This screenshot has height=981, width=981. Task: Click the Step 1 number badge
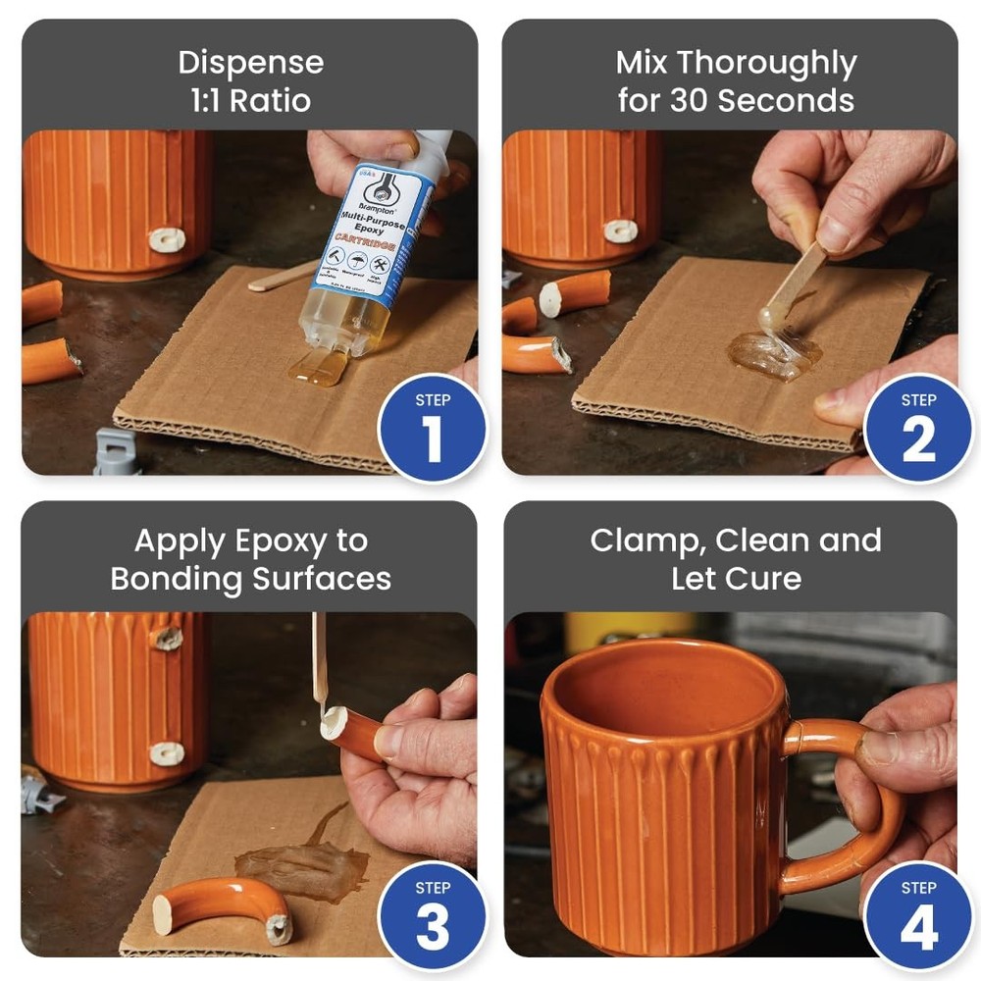(x=432, y=429)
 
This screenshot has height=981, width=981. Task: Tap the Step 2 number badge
(x=918, y=429)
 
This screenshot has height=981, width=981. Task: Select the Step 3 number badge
(x=432, y=916)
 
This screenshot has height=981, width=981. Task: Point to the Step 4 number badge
(x=918, y=916)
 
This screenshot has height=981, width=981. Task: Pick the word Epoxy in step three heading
(x=293, y=542)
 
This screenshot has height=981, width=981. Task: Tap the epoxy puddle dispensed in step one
(x=319, y=368)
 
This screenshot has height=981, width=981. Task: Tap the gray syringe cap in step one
(x=117, y=452)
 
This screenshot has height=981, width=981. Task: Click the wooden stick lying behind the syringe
(x=280, y=277)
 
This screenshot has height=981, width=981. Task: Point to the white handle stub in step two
(x=620, y=232)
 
